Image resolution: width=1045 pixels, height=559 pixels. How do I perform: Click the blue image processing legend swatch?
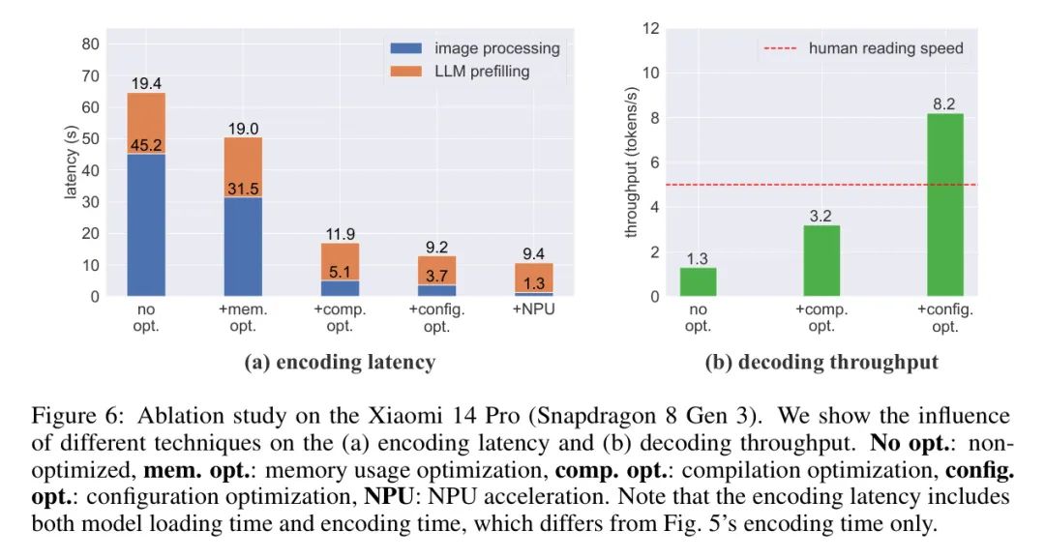[407, 48]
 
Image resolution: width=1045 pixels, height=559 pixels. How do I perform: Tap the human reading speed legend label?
[885, 48]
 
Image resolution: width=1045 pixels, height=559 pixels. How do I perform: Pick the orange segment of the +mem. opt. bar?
[243, 167]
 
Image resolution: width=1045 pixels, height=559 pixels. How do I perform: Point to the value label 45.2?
[146, 146]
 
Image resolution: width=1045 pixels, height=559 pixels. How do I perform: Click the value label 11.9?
[340, 234]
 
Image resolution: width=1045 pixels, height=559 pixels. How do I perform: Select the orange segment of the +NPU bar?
[533, 277]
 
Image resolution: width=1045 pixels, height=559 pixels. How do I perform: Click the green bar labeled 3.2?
[821, 261]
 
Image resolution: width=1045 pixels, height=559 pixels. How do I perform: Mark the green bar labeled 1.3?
[698, 281]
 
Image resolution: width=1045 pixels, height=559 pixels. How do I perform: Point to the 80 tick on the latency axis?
[90, 44]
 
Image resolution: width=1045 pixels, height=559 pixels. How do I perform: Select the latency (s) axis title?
[71, 166]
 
